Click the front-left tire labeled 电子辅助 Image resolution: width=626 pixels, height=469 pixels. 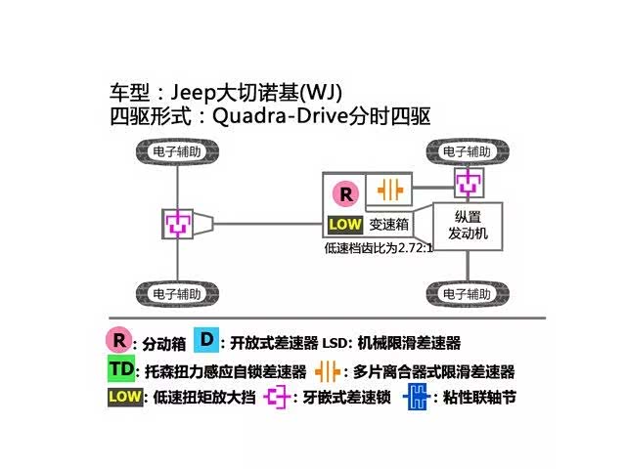click(178, 152)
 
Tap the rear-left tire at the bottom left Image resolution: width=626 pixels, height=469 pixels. click(178, 293)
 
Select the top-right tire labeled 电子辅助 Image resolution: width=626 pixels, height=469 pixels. click(467, 152)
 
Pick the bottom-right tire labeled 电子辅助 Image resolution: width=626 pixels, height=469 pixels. click(467, 293)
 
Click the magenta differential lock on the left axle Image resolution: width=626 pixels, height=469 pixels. click(178, 223)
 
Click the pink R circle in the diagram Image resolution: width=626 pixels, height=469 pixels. click(344, 192)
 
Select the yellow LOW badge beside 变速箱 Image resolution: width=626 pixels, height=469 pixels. click(345, 225)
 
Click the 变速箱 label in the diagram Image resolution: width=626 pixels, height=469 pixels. click(388, 225)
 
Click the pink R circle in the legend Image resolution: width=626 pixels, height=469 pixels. click(119, 341)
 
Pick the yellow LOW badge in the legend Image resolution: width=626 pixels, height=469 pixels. click(124, 398)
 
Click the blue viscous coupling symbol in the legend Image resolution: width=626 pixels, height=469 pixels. click(419, 398)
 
